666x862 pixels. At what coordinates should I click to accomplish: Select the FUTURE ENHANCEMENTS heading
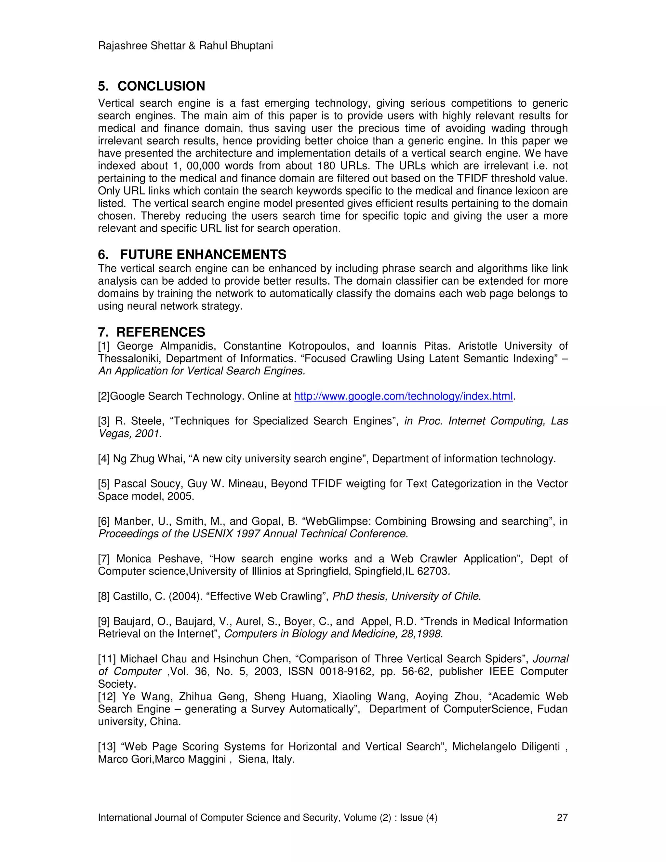(203, 255)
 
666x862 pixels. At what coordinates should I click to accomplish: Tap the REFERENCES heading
(161, 332)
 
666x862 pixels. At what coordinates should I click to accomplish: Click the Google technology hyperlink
(403, 396)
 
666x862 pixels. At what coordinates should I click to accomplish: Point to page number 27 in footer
(562, 817)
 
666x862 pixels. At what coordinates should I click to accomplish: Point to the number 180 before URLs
(327, 166)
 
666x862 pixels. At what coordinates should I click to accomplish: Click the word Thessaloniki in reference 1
(129, 359)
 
